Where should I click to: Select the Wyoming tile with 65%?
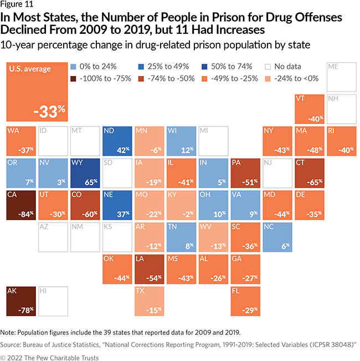(x=85, y=173)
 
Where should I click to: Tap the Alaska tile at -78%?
(x=21, y=302)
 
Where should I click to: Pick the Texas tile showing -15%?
(x=150, y=302)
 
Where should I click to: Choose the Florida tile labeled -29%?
(x=246, y=302)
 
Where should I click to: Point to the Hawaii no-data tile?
(x=53, y=302)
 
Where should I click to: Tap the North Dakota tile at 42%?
(x=117, y=141)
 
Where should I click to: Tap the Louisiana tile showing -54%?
(x=150, y=270)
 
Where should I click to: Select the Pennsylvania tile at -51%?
(x=246, y=173)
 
